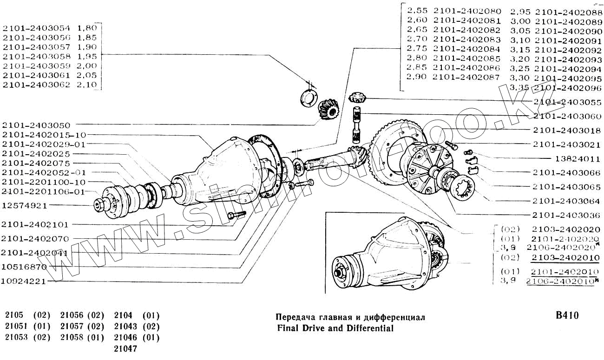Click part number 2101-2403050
[x=36, y=125]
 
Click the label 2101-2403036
[x=566, y=215]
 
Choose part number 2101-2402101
[x=35, y=224]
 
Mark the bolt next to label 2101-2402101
[x=236, y=215]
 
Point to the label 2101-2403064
[x=566, y=201]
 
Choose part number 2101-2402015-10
[x=44, y=135]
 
